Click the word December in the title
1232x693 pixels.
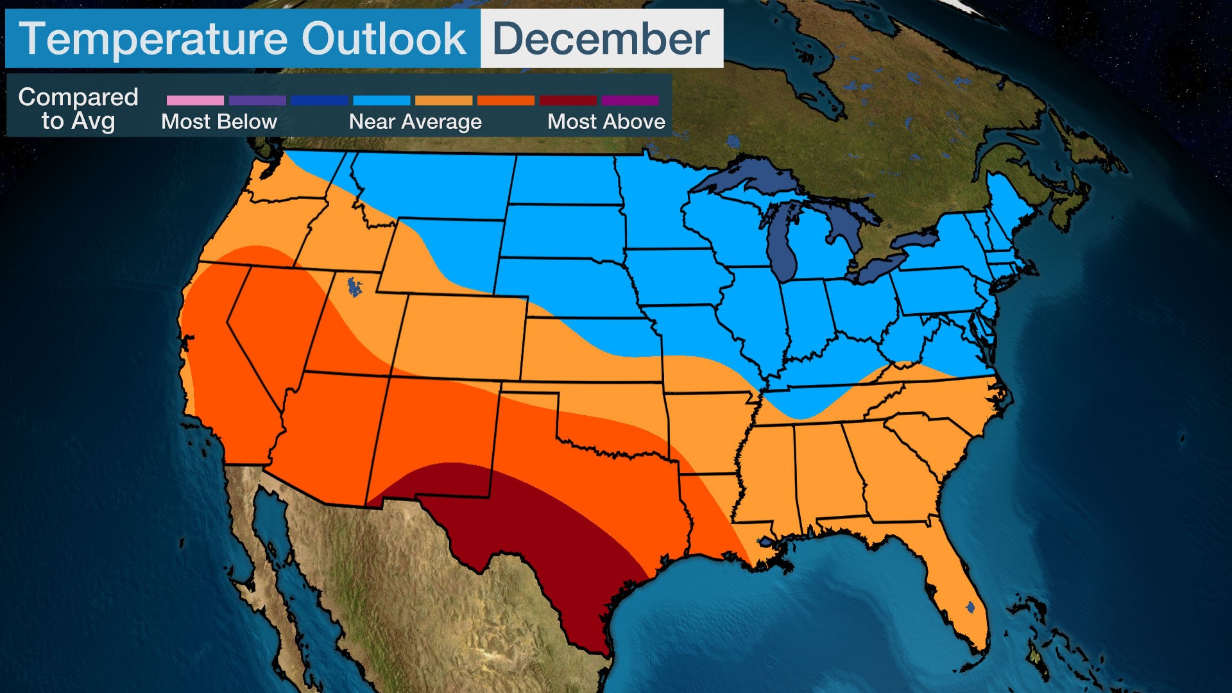point(601,39)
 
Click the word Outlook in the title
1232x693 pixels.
point(384,39)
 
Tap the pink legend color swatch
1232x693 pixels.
point(195,101)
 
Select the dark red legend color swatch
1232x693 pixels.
point(568,101)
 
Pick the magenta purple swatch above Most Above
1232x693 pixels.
point(630,101)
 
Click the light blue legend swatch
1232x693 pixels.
point(381,101)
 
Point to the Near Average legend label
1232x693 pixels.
point(415,122)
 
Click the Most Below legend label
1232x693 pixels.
point(219,122)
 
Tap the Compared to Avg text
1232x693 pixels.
point(78,109)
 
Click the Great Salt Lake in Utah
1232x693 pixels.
point(353,286)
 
